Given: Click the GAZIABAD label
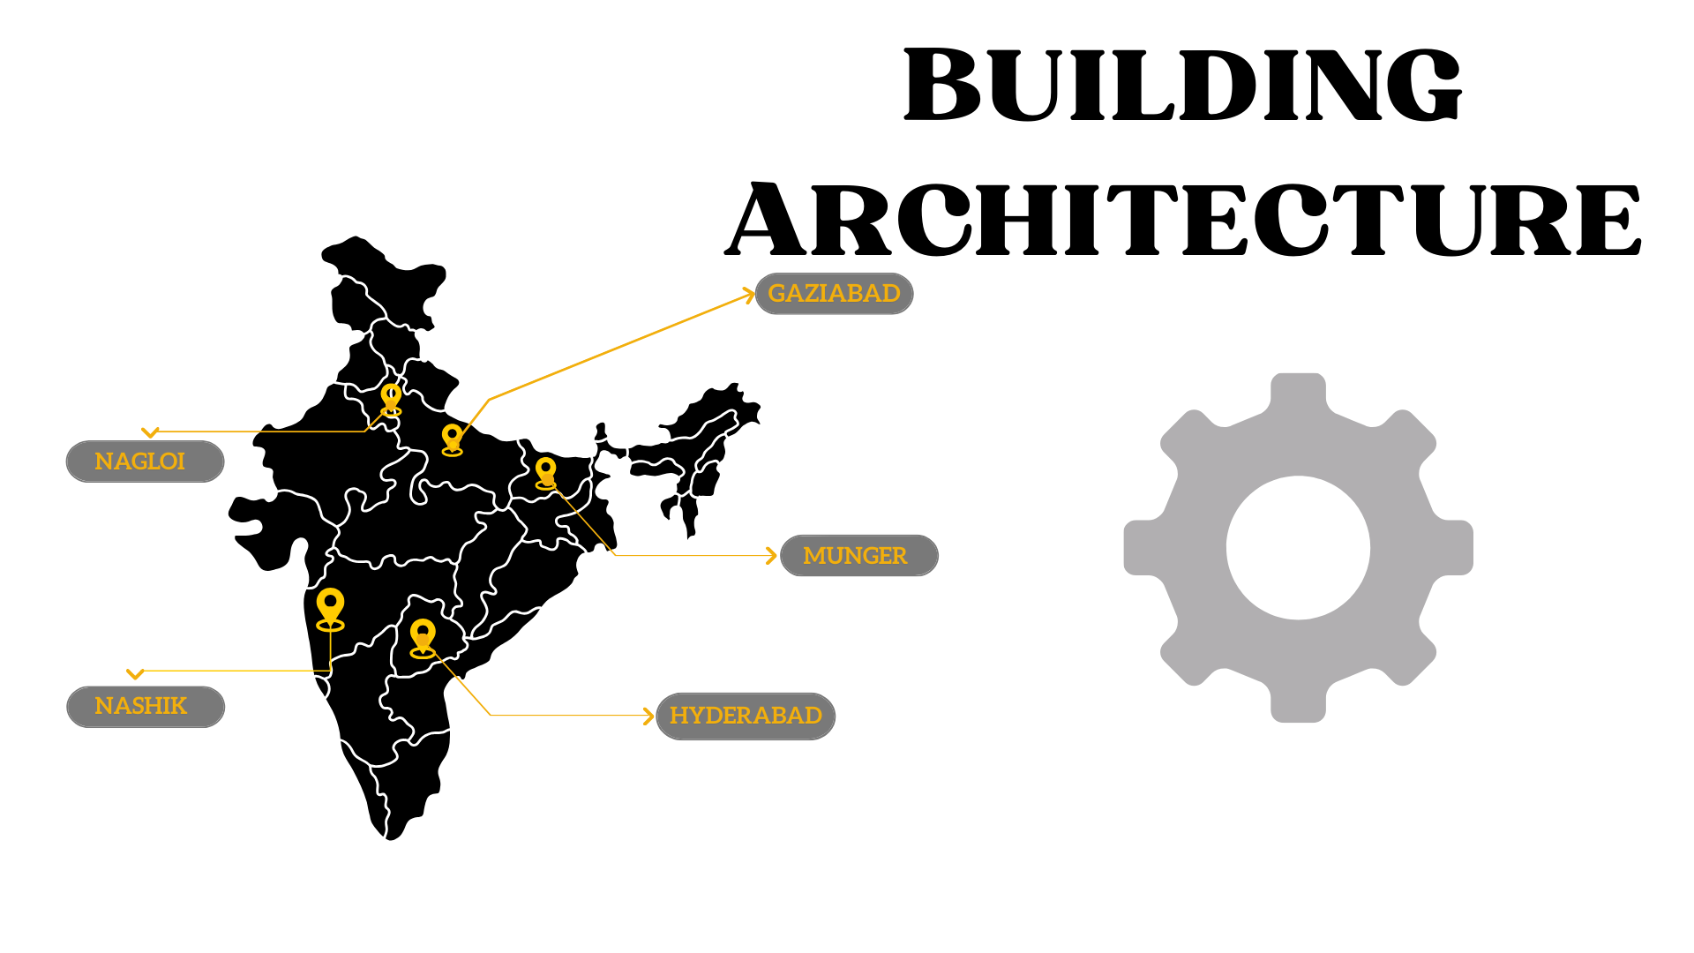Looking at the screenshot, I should (834, 293).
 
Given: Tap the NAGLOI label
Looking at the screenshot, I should (139, 461).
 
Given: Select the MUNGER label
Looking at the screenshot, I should (855, 556).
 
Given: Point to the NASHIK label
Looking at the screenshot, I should (140, 706).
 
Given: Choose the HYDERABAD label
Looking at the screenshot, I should (746, 716).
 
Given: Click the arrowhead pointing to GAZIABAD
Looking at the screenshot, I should (750, 295).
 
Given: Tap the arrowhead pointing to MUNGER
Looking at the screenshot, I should (772, 556).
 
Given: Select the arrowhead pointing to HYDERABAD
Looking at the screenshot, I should (649, 716).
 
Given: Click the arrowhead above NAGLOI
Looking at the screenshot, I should (150, 432).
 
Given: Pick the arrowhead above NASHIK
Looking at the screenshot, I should (135, 674).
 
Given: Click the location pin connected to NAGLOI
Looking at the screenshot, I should (391, 398).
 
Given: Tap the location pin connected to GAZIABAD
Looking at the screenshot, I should (452, 439).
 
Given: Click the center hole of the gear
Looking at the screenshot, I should (1298, 548).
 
